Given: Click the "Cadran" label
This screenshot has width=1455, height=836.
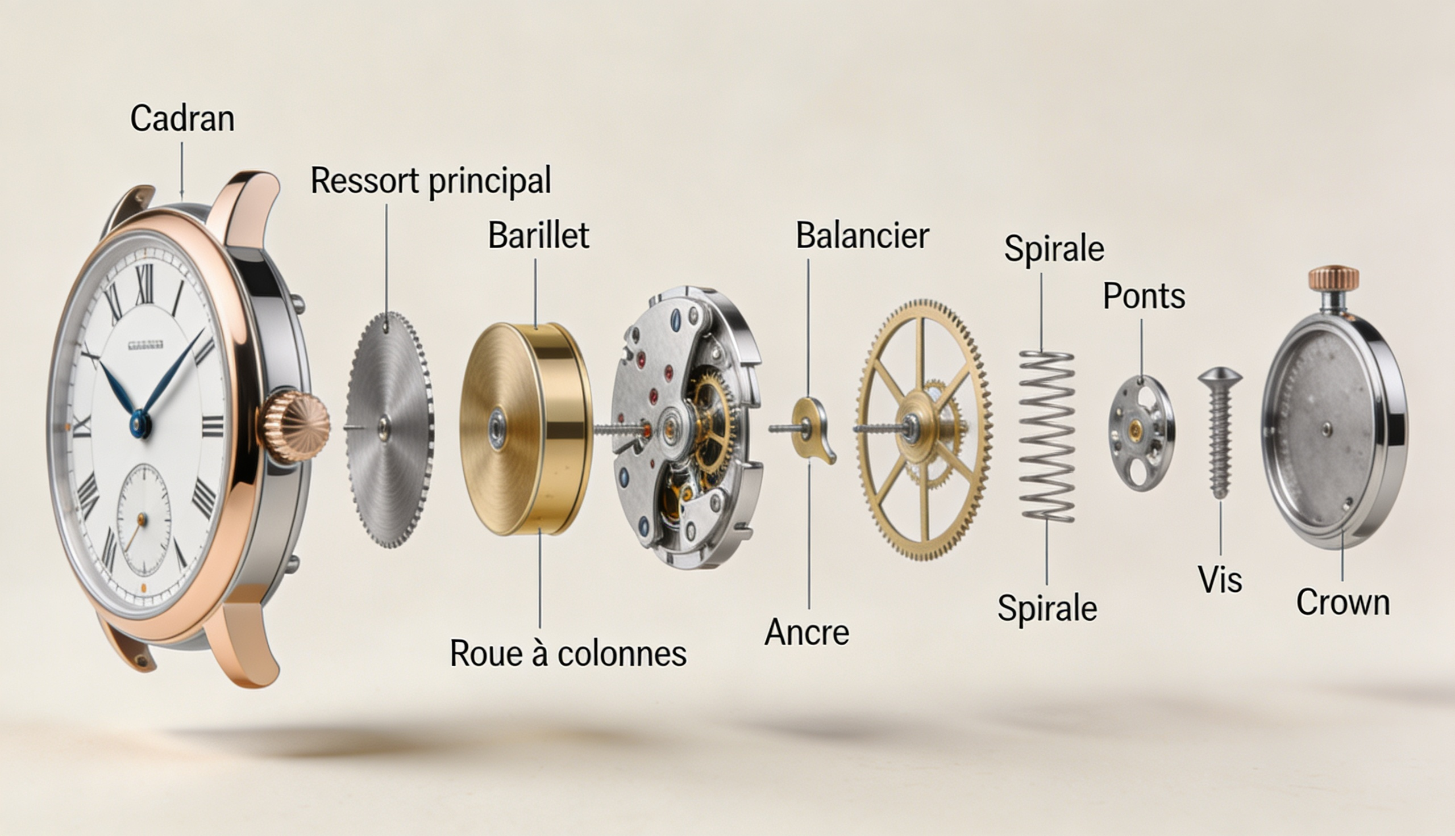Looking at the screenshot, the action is (x=182, y=119).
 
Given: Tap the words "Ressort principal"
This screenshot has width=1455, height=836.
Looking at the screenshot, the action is (x=431, y=181).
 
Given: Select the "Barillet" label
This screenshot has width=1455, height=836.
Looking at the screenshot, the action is (x=538, y=236).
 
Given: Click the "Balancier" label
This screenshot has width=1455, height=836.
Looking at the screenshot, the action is (x=862, y=236).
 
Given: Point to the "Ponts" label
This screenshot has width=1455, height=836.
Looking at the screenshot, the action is (x=1144, y=296).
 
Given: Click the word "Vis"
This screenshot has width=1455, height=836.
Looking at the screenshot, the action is (x=1220, y=579).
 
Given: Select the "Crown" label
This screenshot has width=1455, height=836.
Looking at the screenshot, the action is (x=1343, y=603).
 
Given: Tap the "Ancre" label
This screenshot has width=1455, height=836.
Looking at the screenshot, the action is (x=807, y=632).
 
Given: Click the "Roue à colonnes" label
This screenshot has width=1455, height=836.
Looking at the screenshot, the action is (x=568, y=654).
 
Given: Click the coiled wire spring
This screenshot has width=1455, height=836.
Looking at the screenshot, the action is (x=1046, y=437).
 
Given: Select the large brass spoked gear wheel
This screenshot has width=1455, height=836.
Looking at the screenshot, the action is (x=923, y=429).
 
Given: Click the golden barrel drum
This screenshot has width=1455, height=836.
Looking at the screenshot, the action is (x=526, y=429).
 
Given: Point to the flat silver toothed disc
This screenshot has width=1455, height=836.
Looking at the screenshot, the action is (x=389, y=429).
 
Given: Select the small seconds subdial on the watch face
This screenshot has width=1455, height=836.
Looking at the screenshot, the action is (x=143, y=520).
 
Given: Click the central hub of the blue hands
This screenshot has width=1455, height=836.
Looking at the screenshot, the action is (x=140, y=424).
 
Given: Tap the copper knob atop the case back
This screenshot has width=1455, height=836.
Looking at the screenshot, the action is (x=1333, y=278).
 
